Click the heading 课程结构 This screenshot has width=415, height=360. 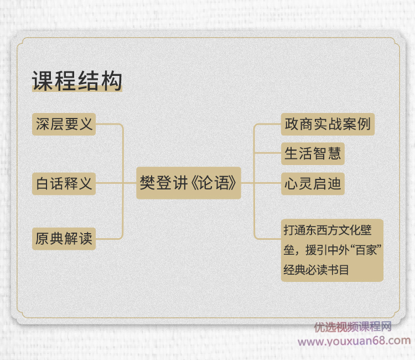(x=77, y=81)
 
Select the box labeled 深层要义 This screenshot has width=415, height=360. (x=64, y=124)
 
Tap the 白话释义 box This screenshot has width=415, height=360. (x=64, y=183)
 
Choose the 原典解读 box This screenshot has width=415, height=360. (x=64, y=238)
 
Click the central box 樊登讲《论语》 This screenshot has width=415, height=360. (x=189, y=183)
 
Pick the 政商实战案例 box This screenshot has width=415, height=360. (x=328, y=124)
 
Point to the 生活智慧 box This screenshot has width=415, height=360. (x=313, y=153)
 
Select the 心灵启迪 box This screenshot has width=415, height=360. (x=313, y=183)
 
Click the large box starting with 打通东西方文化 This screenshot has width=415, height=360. (x=332, y=250)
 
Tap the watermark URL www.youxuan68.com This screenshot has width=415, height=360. (x=354, y=341)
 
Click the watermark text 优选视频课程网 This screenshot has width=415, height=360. (x=353, y=327)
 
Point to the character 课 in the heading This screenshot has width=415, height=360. (x=43, y=81)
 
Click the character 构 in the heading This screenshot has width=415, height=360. (x=111, y=81)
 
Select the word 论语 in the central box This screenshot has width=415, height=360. (x=214, y=183)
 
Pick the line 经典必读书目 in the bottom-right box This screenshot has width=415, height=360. (x=317, y=270)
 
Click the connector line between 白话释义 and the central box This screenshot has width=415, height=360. (x=116, y=183)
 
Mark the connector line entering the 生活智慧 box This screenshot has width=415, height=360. (x=267, y=153)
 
